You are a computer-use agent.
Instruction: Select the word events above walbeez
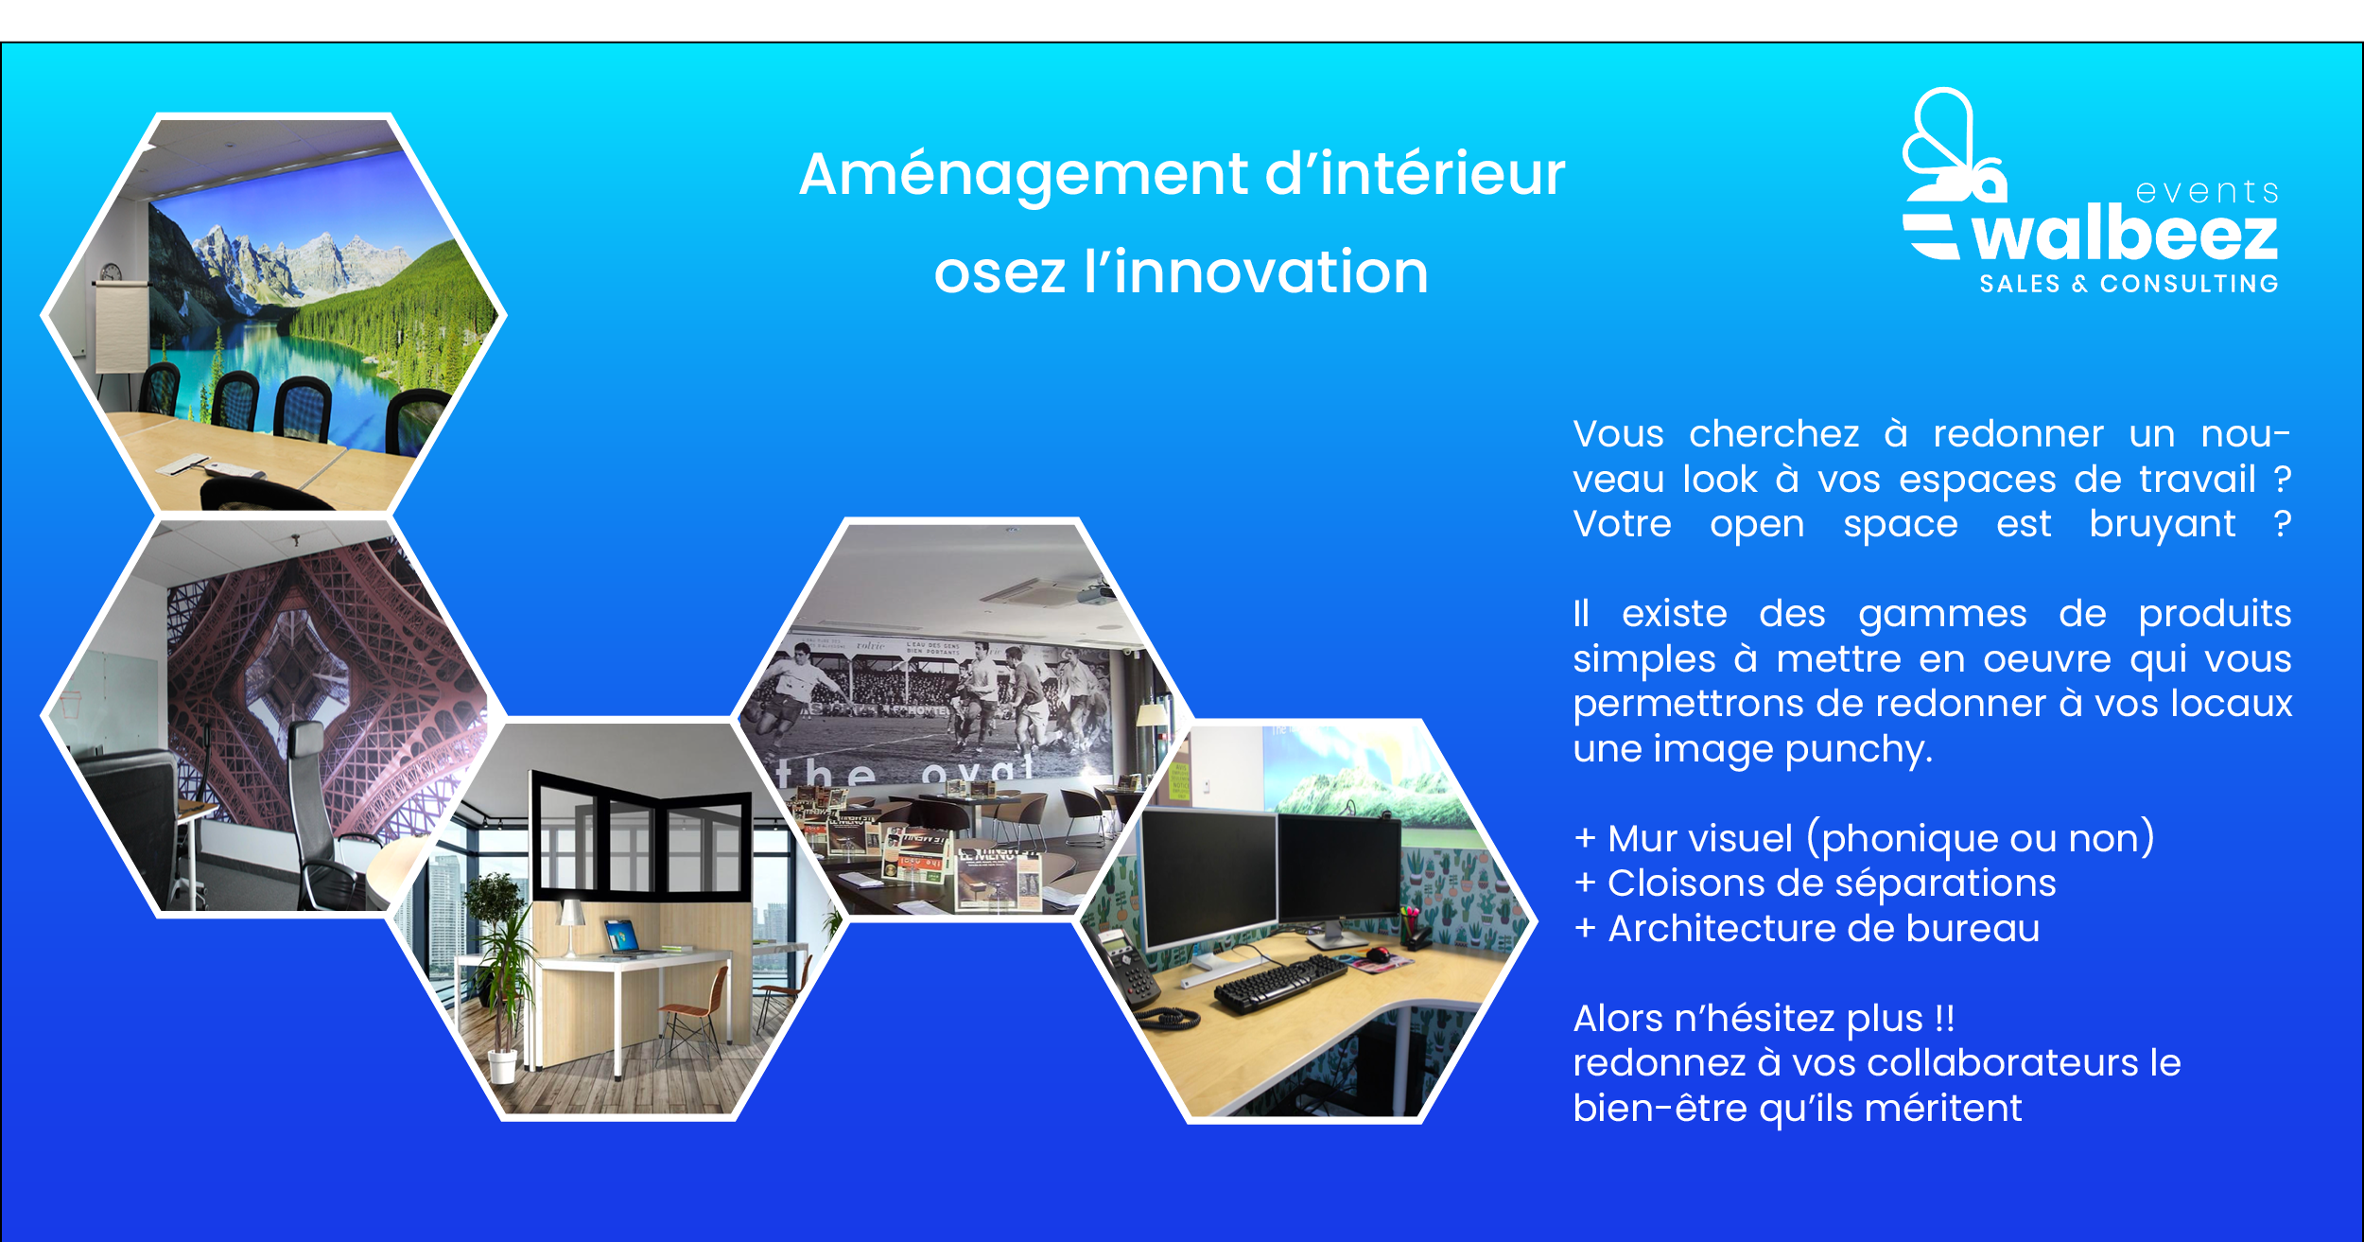(2206, 192)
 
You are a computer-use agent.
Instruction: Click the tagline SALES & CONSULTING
(2129, 284)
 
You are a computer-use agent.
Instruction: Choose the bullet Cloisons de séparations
(1816, 883)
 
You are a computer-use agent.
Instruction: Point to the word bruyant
(2162, 525)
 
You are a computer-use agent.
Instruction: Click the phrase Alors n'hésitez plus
(1763, 1019)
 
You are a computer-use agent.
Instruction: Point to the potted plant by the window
(501, 974)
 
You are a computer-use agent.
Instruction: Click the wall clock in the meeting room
(111, 272)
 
